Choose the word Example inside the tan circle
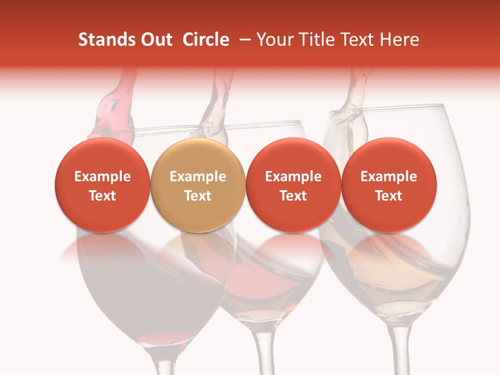click(198, 177)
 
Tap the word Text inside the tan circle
click(198, 196)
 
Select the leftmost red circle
click(102, 185)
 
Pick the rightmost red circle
click(389, 185)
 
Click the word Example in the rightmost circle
click(389, 177)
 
